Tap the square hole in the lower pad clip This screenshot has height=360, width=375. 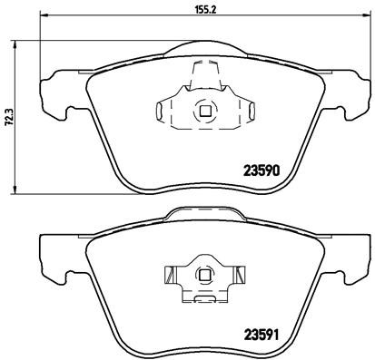[204, 274]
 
